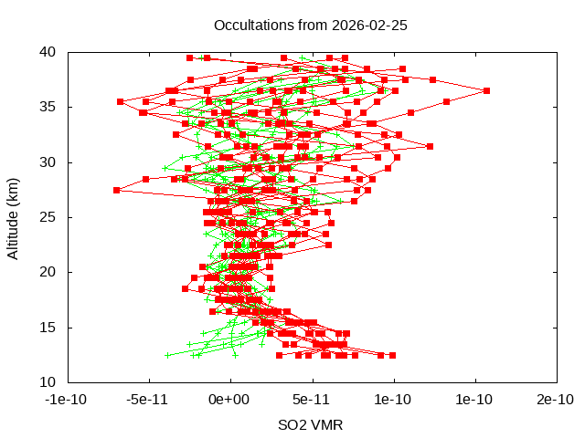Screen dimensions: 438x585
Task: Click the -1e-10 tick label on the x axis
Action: (x=67, y=400)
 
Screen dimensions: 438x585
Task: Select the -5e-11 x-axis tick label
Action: (x=148, y=400)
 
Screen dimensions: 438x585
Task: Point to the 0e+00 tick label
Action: (x=229, y=400)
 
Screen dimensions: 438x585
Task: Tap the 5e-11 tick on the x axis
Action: (x=312, y=400)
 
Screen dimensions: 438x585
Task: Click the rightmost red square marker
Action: (x=486, y=90)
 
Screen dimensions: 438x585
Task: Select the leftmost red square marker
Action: (x=117, y=190)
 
